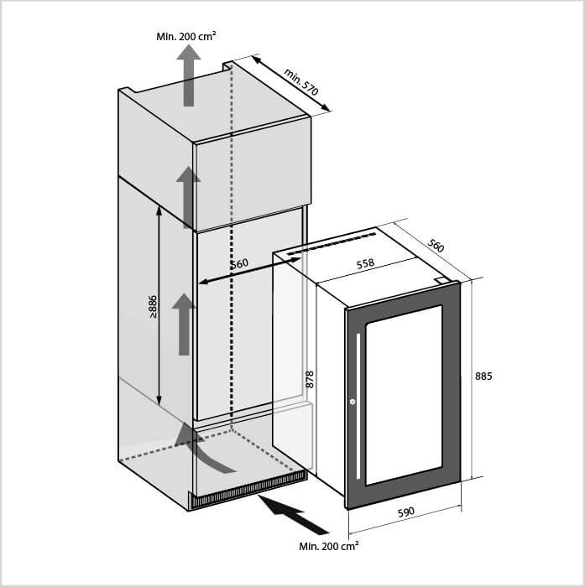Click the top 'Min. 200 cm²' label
[185, 36]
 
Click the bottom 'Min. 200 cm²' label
[329, 546]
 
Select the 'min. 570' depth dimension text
[301, 82]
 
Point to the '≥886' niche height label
[153, 307]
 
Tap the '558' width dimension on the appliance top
[365, 264]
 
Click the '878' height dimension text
[310, 379]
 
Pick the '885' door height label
[483, 377]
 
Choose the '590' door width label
[406, 512]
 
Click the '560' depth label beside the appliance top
[436, 246]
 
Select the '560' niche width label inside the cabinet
[239, 264]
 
